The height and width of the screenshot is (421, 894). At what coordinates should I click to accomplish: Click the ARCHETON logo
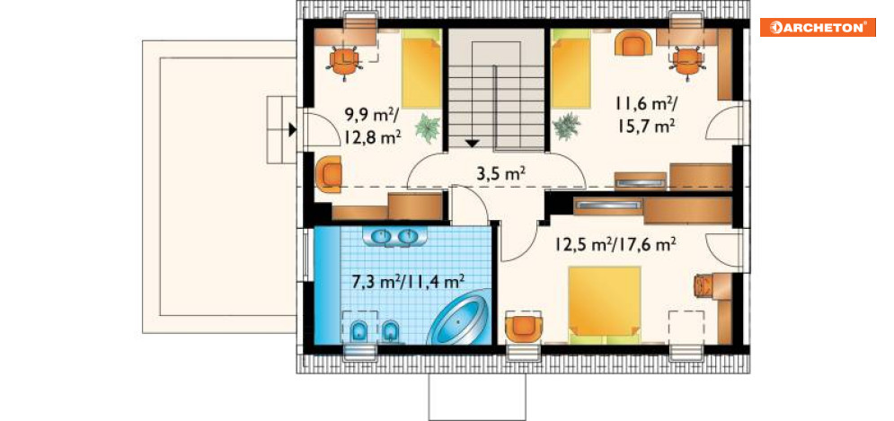coord(818,27)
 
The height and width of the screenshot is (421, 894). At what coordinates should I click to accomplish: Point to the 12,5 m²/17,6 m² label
coord(615,244)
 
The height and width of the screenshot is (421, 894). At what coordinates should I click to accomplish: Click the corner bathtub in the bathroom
coord(459,320)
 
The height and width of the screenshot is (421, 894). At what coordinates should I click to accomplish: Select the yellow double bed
coord(605,305)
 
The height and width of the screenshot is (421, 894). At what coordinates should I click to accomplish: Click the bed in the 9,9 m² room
coord(421,68)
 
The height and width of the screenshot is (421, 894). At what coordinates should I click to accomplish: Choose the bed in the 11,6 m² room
coord(571,68)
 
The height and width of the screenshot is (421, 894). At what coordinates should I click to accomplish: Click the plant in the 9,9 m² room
coord(428,128)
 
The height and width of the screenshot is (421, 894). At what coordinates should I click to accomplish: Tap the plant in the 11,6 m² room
coord(566,126)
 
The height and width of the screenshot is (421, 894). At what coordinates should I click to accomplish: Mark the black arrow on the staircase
coord(471,144)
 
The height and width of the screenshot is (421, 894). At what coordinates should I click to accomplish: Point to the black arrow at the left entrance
coord(292,130)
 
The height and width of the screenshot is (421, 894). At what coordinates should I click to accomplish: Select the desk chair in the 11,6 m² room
coord(687,60)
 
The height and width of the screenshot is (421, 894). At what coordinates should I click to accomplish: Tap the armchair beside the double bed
coord(524,327)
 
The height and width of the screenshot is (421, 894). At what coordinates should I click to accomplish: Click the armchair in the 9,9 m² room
coord(329,174)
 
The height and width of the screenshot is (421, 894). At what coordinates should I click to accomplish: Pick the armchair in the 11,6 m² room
coord(633,43)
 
